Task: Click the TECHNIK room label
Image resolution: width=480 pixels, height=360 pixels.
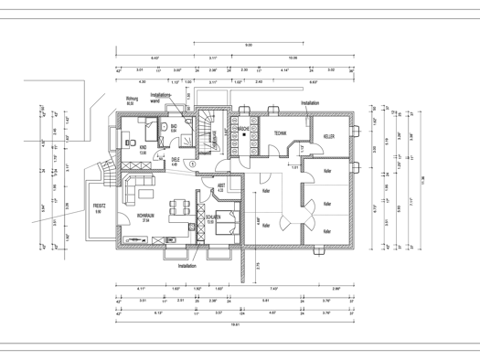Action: pos(280,133)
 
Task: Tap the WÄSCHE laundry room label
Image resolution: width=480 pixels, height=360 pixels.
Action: pos(244,130)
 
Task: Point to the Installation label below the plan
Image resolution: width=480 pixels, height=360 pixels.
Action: pos(187,266)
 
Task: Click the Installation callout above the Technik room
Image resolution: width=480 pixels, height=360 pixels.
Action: pos(308,103)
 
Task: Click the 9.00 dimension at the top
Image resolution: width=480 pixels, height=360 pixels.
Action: pos(249,44)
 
